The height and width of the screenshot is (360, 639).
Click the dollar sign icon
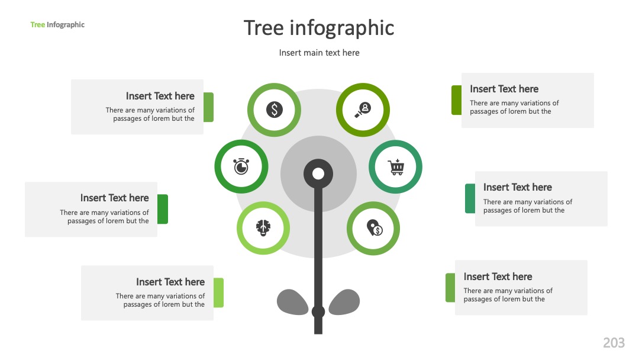point(275,110)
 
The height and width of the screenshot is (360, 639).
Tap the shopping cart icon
point(396,167)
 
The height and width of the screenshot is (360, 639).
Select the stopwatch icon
point(241,166)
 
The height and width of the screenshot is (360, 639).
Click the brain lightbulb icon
point(263,227)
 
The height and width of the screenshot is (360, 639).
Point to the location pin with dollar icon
point(374,228)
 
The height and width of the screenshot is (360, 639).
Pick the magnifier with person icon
point(363,110)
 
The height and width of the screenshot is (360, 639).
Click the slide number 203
point(614,343)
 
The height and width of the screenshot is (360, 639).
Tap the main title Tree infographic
point(319,28)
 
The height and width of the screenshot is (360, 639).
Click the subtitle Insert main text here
point(319,53)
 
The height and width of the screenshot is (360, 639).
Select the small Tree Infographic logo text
point(57,25)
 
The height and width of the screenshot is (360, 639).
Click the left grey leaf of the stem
point(293,302)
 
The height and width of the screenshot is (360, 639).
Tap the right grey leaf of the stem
point(344,302)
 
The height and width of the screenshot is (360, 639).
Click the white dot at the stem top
point(318,174)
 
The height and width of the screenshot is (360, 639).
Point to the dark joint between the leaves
point(318,312)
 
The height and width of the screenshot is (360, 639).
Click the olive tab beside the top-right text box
point(456,100)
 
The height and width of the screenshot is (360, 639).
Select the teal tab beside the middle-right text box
point(470,198)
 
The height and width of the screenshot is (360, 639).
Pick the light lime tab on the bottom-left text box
point(218,292)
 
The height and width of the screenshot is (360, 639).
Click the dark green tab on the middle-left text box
point(163,209)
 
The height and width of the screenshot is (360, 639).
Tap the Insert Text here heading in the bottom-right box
point(498,277)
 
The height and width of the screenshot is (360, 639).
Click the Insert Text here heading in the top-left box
point(160,97)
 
